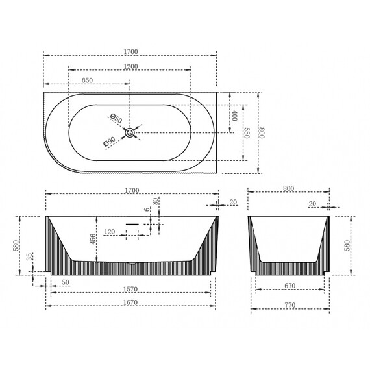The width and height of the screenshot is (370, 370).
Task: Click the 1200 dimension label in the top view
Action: tap(130, 67)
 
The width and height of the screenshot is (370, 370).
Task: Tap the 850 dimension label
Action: tap(88, 80)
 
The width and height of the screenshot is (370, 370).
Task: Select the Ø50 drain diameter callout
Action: tap(116, 118)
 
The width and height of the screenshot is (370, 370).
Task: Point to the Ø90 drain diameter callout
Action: tap(109, 142)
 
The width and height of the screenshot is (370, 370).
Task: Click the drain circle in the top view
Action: tap(130, 132)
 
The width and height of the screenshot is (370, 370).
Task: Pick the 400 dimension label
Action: tap(234, 116)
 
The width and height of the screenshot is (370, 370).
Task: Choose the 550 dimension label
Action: tap(247, 133)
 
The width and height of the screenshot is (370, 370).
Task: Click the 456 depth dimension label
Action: tap(93, 239)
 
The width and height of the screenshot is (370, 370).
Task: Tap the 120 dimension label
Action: tap(110, 232)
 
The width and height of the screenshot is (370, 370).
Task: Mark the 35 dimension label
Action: tap(29, 257)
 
